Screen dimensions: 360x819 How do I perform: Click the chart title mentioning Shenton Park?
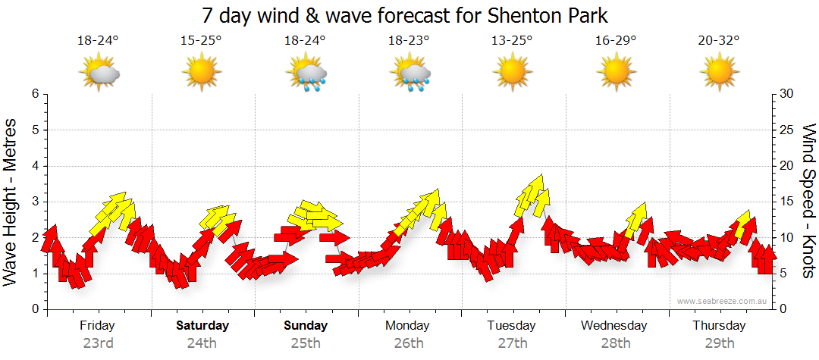(x=406, y=15)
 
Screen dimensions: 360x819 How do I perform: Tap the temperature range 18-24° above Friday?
(x=98, y=42)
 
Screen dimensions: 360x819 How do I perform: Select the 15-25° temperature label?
(x=201, y=42)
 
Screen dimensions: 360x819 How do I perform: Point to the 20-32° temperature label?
(x=718, y=42)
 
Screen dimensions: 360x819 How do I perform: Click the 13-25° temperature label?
(x=512, y=42)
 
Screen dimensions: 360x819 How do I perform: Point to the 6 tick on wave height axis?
(x=35, y=94)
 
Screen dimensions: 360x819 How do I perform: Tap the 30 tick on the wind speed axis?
(x=787, y=94)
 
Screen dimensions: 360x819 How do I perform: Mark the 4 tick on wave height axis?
(x=35, y=166)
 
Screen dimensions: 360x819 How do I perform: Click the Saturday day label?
(x=202, y=326)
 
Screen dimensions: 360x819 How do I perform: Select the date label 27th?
(x=512, y=343)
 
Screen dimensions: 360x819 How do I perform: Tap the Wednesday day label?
(x=614, y=326)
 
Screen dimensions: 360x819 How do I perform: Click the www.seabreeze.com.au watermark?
(x=723, y=302)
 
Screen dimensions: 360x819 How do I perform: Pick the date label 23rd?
(x=98, y=343)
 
